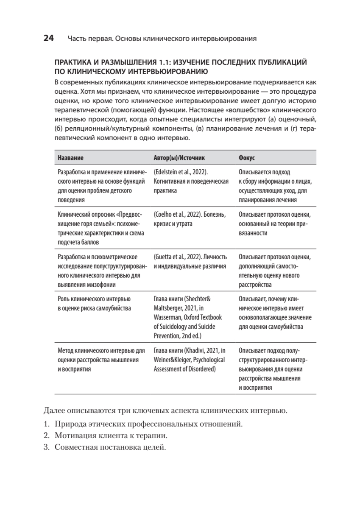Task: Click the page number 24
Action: coord(48,39)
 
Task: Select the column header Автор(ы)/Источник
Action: coord(179,157)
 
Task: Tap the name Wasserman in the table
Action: coord(168,317)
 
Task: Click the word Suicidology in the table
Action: coord(174,327)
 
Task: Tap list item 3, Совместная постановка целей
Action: coord(110,447)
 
